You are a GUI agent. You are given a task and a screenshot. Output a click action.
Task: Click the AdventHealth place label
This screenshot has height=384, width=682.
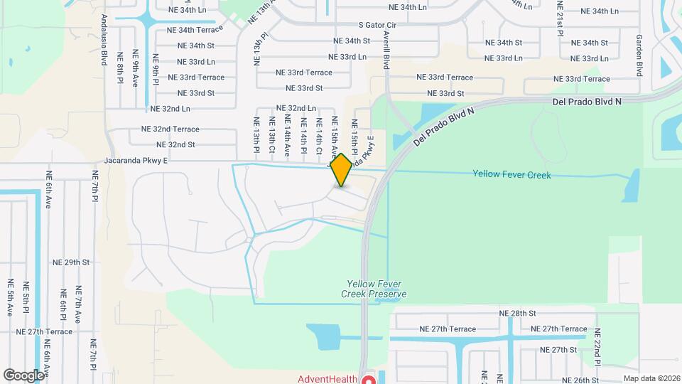pos(327,379)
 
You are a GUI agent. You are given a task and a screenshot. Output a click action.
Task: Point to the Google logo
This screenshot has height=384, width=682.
pos(23,375)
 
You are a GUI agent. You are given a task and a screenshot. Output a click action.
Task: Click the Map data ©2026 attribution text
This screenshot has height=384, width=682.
pos(651,378)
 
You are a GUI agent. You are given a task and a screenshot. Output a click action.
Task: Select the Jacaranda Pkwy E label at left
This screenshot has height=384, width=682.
pos(135,161)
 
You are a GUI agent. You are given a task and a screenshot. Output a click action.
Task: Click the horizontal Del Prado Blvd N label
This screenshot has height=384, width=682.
pos(586,102)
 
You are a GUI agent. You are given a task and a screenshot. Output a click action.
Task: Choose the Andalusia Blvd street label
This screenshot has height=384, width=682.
pos(104,40)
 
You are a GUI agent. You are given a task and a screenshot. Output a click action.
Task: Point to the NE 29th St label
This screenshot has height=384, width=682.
pos(71,262)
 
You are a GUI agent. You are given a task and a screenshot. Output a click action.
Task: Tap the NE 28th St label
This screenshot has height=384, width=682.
pos(516,314)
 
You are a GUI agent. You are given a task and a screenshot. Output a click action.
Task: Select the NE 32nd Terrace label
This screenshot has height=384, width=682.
pos(170,129)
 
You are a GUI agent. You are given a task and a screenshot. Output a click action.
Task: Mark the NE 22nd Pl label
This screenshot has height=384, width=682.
pos(597,347)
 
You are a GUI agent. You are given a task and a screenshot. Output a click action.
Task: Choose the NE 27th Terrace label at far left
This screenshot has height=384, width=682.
pos(42,331)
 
